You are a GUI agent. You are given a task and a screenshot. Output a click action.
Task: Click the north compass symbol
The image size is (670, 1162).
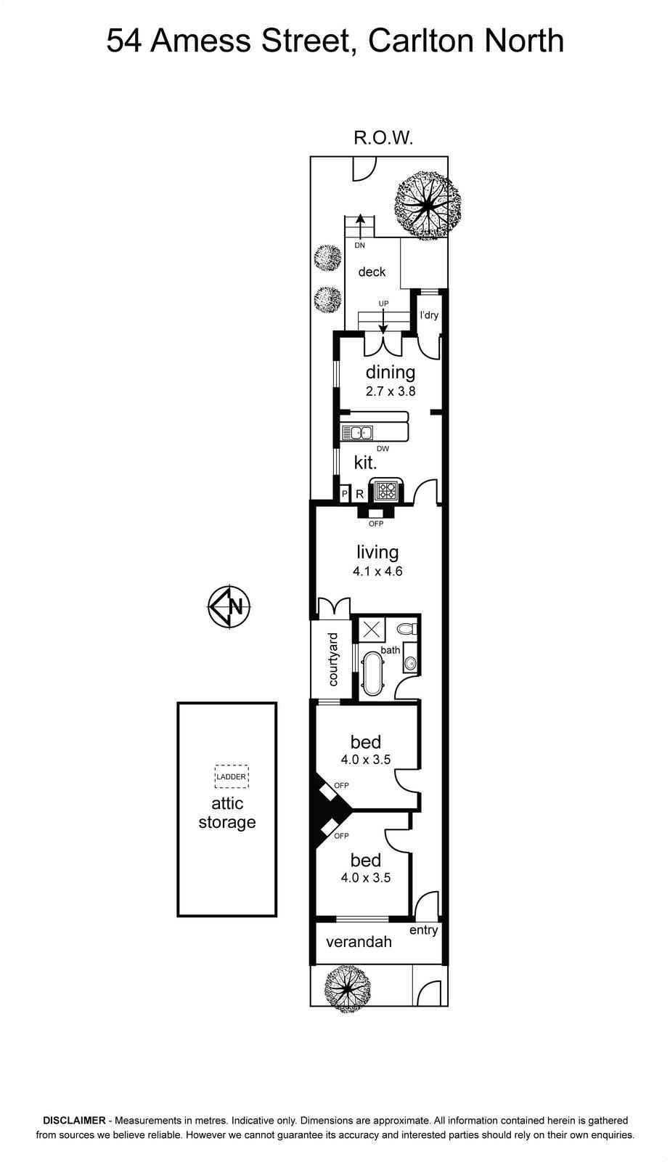[x=229, y=606]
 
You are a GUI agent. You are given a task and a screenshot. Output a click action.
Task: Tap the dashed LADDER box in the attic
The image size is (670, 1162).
[x=232, y=776]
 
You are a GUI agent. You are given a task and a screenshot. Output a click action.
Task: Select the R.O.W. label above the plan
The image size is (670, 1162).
[x=383, y=138]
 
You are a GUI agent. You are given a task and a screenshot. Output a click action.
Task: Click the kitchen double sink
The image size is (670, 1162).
[x=357, y=432]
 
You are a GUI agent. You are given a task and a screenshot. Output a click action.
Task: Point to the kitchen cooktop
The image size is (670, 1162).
[x=386, y=490]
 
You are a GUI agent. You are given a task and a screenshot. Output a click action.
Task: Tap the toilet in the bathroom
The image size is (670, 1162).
[x=407, y=629]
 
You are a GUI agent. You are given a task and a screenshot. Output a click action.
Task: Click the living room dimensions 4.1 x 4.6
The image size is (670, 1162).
[x=377, y=571]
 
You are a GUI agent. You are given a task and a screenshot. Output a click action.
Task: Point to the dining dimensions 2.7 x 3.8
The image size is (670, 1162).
[x=391, y=391]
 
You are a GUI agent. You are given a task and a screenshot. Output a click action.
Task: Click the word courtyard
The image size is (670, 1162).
[x=332, y=659]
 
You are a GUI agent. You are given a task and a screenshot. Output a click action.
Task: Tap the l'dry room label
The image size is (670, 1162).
[x=429, y=315]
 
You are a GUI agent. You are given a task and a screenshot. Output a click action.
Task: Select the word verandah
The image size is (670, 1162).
[x=359, y=941]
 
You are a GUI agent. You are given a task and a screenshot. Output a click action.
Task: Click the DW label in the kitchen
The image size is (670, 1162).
[x=383, y=449]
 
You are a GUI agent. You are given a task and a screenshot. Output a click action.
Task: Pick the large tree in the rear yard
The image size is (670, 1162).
[x=428, y=205]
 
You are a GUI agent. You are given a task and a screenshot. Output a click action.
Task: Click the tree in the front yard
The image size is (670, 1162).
[x=348, y=988]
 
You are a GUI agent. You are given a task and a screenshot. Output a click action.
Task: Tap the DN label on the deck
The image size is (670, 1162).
[x=359, y=245]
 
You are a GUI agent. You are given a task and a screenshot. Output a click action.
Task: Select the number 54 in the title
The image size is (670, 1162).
[x=124, y=41]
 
